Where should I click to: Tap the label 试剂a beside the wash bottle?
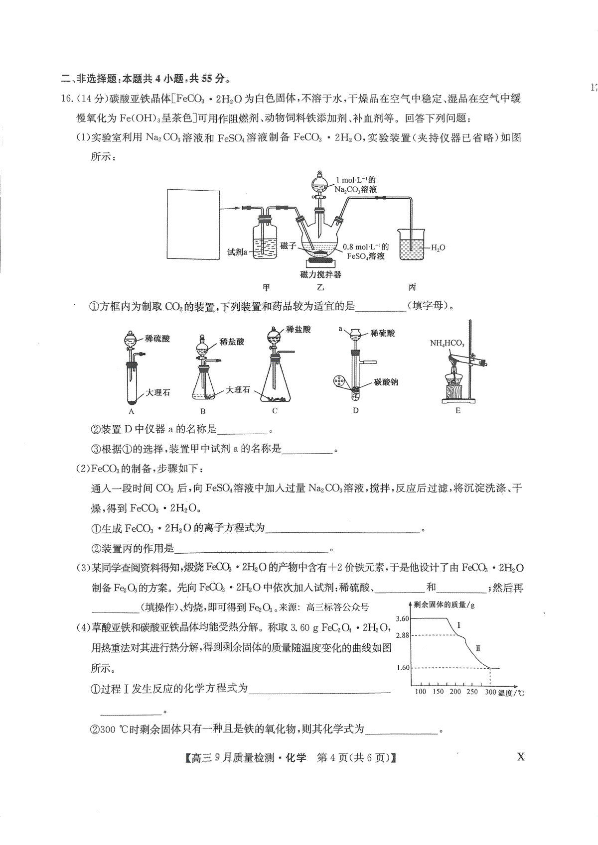click(x=237, y=252)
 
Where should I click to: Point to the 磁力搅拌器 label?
click(x=320, y=274)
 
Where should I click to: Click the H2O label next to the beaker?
click(x=438, y=248)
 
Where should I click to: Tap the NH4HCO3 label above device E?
click(x=447, y=343)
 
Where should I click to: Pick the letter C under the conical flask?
click(x=275, y=411)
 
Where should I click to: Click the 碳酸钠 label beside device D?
click(x=386, y=382)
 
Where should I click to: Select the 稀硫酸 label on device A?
click(x=157, y=339)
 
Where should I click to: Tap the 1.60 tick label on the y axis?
click(x=403, y=667)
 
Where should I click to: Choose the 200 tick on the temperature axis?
click(x=455, y=692)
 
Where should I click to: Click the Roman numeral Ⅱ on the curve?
click(x=478, y=648)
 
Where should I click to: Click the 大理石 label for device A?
click(x=158, y=392)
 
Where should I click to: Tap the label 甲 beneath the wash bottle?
click(x=267, y=287)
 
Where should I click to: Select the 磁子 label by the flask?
click(x=289, y=245)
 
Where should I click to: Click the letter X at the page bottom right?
click(x=521, y=757)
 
